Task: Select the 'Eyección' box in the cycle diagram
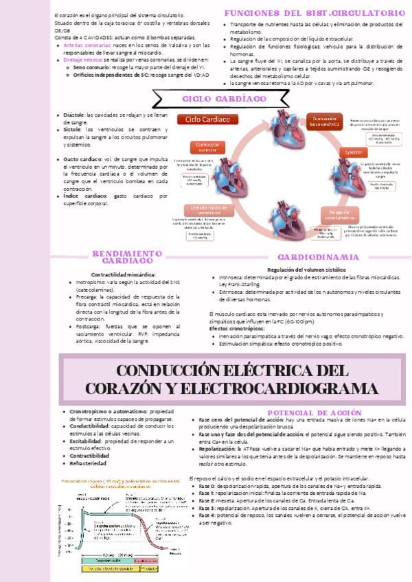pyautogui.click(x=354, y=152)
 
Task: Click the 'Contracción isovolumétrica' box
pyautogui.click(x=324, y=122)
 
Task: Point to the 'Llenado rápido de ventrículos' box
pyautogui.click(x=204, y=210)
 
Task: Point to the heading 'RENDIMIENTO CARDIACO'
pyautogui.click(x=127, y=257)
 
